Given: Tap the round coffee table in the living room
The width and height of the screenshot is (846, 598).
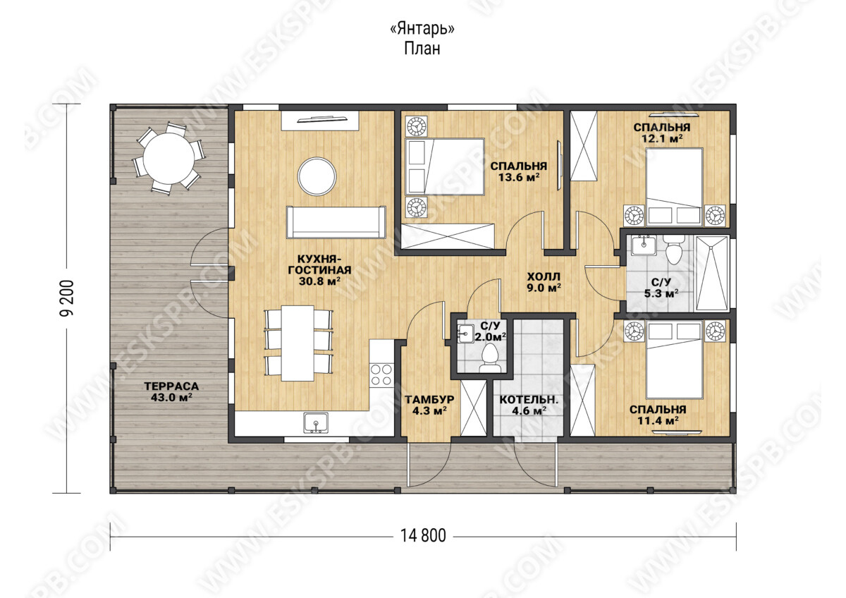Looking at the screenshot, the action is (x=317, y=176).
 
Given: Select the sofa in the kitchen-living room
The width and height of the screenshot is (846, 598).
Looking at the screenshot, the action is (x=336, y=221).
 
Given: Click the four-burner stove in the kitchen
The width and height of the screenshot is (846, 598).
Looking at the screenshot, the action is (x=381, y=374).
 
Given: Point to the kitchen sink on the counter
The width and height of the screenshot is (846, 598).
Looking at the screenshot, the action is (x=316, y=422).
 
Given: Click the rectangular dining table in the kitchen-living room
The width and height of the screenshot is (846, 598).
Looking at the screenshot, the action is (x=298, y=343).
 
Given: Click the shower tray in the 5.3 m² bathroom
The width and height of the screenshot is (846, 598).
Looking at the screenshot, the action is (x=711, y=274).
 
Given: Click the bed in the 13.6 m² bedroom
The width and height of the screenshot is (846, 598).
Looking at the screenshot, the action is (x=445, y=166).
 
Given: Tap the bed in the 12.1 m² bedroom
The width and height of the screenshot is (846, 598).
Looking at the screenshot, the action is (x=674, y=187).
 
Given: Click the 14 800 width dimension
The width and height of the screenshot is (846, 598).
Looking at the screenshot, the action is (x=423, y=535).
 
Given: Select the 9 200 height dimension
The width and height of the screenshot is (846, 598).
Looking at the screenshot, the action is (x=66, y=298).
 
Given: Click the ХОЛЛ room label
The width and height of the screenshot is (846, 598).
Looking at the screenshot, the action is (x=544, y=277).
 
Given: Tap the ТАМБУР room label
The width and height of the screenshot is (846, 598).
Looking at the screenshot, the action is (x=429, y=399).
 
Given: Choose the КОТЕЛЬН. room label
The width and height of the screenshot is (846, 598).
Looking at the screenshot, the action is (x=529, y=400).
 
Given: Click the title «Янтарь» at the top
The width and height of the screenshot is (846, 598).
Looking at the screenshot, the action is (x=422, y=29).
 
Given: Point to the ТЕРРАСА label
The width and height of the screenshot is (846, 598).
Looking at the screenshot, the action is (x=171, y=386).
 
